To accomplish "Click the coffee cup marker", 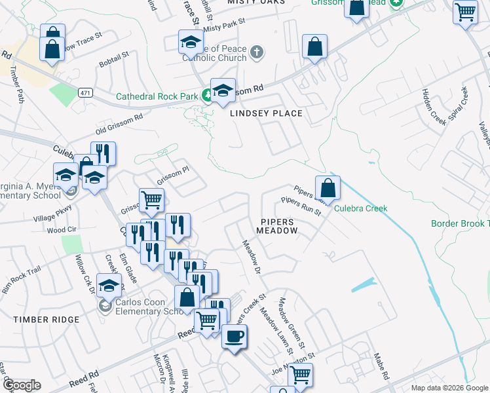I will [234, 337].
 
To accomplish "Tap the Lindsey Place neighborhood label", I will [266, 113].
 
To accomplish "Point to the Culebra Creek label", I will [361, 209].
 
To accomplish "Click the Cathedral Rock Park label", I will [157, 96].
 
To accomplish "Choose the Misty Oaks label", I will [256, 3].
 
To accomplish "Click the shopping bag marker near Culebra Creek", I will [328, 188].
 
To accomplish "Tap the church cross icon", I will [257, 52].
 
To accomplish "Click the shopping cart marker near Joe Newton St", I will [301, 375].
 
